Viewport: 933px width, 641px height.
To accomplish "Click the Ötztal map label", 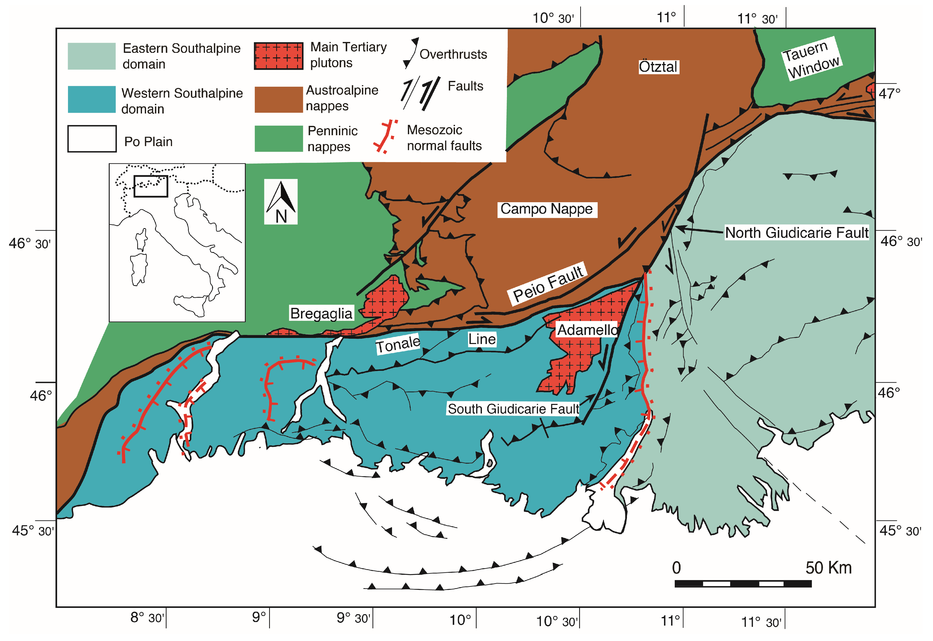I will (x=658, y=67).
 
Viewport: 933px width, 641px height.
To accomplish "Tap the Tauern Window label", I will (x=812, y=59).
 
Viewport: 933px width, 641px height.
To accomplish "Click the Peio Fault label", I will (x=548, y=284).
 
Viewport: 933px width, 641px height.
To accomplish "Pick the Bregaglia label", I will (x=321, y=313).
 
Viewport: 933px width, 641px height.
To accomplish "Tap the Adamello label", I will (x=587, y=330).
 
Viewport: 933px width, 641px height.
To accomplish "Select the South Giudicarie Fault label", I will (x=513, y=409).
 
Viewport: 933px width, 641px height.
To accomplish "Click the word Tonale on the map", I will (x=398, y=344).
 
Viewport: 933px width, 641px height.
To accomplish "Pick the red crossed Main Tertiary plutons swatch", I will (x=279, y=56).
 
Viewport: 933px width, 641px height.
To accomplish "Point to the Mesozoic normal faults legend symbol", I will (x=385, y=136).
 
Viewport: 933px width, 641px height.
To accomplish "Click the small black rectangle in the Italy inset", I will (x=151, y=186).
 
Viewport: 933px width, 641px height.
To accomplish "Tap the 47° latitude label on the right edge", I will (x=889, y=94).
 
